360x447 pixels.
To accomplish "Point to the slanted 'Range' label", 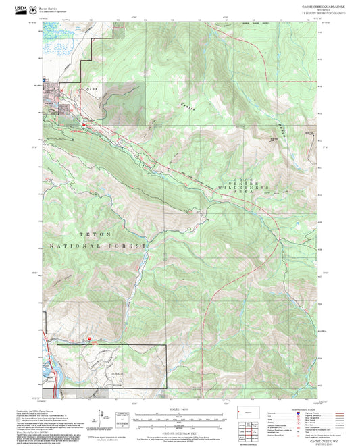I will click(x=282, y=129).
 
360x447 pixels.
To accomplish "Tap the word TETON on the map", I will click(x=93, y=234).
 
